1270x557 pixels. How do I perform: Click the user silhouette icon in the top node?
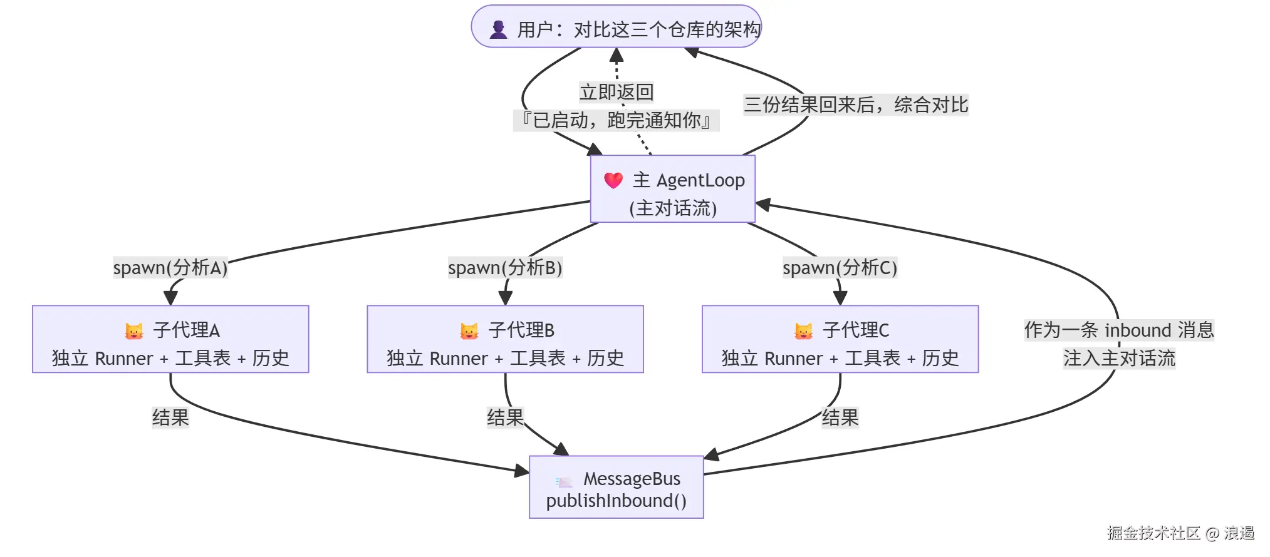click(x=498, y=29)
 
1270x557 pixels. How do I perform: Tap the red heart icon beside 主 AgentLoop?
click(x=613, y=180)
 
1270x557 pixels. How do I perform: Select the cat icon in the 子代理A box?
click(x=134, y=330)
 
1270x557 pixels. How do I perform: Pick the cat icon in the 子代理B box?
click(x=469, y=330)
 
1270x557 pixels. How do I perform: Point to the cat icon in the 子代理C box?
click(x=804, y=330)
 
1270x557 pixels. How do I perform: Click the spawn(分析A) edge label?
click(x=170, y=268)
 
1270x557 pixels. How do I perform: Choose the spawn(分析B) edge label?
click(x=505, y=268)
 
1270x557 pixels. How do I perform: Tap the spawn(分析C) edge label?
click(x=840, y=268)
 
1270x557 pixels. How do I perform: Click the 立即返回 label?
click(x=617, y=92)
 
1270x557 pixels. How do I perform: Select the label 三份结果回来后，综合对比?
click(x=856, y=105)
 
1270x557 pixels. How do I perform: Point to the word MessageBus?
click(x=632, y=479)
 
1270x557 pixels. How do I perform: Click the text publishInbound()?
click(x=617, y=501)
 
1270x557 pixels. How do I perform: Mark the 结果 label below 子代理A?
click(x=170, y=417)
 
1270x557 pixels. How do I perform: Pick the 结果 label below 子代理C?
click(x=840, y=417)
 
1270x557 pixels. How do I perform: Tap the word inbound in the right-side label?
click(x=1138, y=330)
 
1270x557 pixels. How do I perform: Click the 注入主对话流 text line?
click(x=1119, y=358)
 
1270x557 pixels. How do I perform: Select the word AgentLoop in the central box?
click(x=700, y=180)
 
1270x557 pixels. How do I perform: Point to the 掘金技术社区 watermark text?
click(x=1153, y=533)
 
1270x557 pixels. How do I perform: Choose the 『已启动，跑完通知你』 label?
click(x=617, y=120)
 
